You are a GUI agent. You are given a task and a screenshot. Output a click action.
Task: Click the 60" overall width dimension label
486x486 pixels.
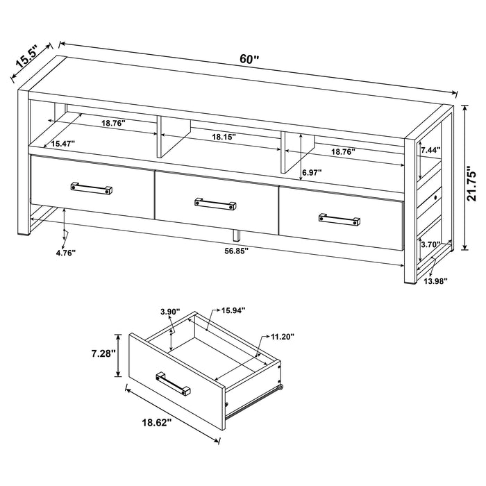[249, 60]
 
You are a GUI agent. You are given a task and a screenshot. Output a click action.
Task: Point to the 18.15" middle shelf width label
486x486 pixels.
[224, 138]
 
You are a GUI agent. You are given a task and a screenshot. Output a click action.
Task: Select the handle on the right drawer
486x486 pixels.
[340, 219]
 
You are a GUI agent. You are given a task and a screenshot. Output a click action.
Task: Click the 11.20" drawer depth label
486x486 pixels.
[281, 336]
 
